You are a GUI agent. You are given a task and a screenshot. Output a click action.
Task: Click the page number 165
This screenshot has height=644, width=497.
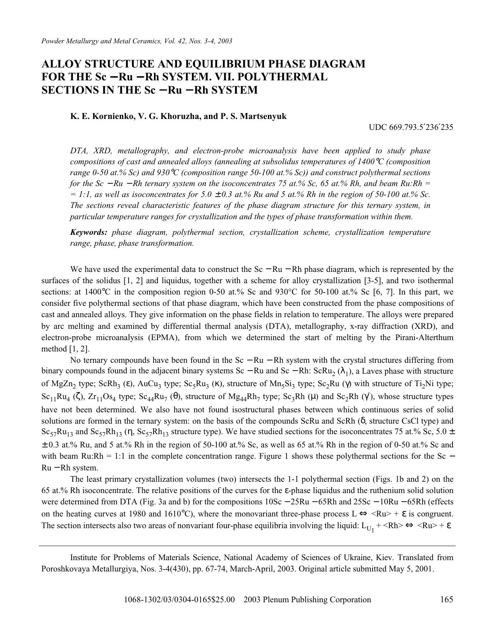coord(446,600)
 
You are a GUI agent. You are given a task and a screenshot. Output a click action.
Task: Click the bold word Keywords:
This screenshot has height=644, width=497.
coord(88,232)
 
